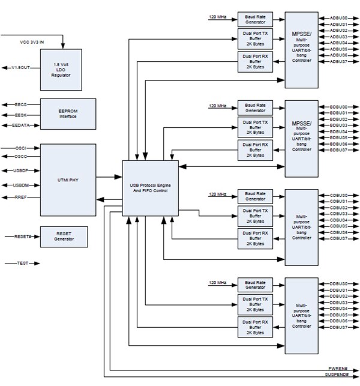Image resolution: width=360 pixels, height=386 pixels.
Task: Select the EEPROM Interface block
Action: [x=67, y=114]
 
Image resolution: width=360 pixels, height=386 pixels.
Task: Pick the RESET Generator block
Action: [x=63, y=237]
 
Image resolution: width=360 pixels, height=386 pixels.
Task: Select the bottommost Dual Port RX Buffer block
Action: [x=254, y=328]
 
